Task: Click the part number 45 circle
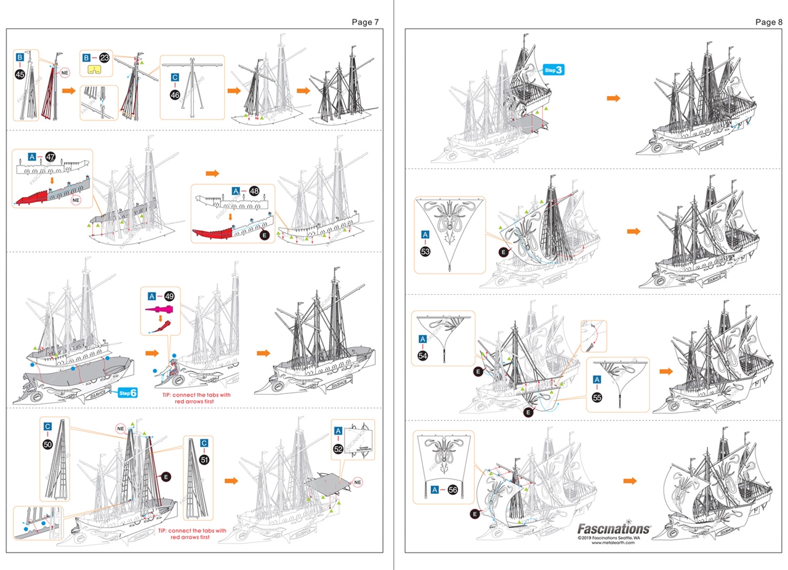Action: (20, 74)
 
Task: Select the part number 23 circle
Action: (105, 58)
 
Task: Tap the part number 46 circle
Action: (175, 95)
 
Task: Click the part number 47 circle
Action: (51, 157)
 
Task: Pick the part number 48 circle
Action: (254, 191)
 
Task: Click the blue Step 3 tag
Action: (553, 70)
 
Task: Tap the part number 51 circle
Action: (204, 459)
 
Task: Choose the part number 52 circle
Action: (338, 449)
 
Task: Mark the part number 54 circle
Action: (422, 356)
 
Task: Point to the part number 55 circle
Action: (597, 397)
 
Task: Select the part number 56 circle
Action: (453, 489)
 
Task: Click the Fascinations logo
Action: (613, 528)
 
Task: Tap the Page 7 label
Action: (365, 22)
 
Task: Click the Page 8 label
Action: (768, 22)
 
